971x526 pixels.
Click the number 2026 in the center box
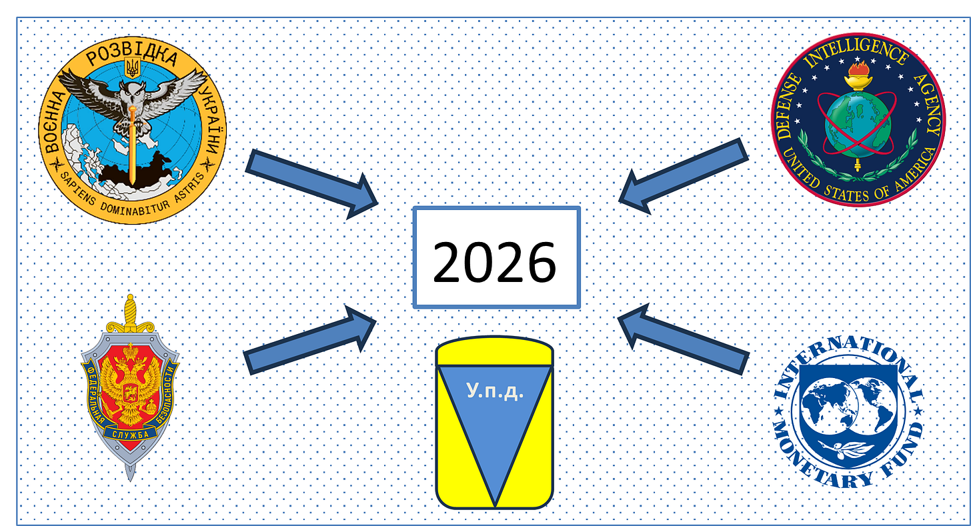click(494, 261)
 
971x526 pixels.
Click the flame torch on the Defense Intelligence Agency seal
click(857, 77)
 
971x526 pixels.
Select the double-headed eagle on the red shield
click(130, 387)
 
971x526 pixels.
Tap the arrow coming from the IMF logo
click(684, 340)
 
